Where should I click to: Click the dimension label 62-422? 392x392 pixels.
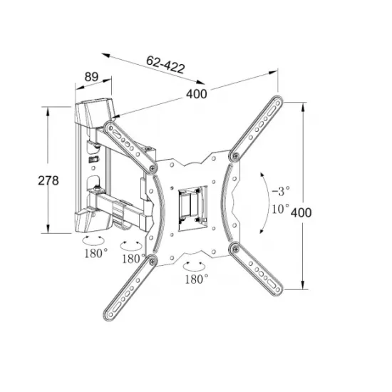coord(165,64)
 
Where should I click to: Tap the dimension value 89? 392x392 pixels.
coord(91,77)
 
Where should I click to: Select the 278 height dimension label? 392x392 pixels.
coord(48,180)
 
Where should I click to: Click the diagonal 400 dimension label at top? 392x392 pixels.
coord(197,94)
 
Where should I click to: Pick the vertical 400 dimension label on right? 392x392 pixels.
coord(301,213)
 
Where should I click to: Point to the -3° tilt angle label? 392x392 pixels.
coord(281,191)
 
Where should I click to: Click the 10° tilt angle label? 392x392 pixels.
coord(280,209)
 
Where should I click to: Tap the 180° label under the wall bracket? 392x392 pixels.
coord(96,254)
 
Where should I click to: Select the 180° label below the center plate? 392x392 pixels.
coord(197,279)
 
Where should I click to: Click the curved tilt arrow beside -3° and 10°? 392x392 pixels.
coord(269,202)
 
